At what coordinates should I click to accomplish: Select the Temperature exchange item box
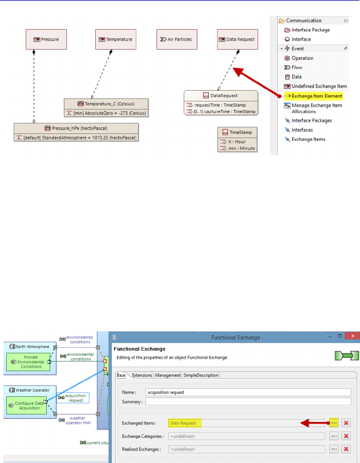coord(115,39)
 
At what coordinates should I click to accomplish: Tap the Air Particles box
coord(177,39)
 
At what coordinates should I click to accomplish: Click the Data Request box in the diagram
coord(237,39)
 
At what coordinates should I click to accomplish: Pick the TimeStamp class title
coord(237,132)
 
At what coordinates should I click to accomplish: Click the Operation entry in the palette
coord(302,58)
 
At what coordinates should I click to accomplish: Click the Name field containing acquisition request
coord(248,392)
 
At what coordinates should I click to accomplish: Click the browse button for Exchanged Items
coord(334,423)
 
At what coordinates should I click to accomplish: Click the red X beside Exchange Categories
coord(346,436)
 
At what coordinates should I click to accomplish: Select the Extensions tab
coord(142,375)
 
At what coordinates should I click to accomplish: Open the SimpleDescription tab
coord(201,375)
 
